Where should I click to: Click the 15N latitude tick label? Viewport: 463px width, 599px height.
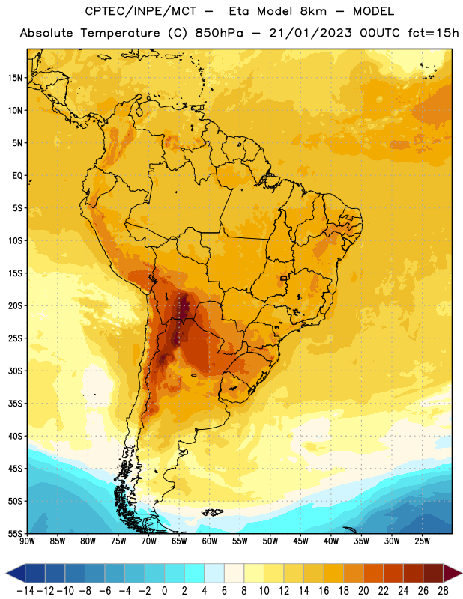pos(15,78)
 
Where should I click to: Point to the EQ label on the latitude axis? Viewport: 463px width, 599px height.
pos(17,176)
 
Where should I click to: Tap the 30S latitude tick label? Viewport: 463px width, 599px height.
pos(15,371)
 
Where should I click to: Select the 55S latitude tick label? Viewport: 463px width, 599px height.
pos(15,534)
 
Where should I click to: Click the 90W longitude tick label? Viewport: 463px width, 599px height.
pos(28,541)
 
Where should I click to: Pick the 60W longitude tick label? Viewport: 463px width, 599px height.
pos(210,541)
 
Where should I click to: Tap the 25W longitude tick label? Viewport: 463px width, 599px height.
pos(422,541)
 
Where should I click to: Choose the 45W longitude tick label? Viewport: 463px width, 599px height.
pos(300,541)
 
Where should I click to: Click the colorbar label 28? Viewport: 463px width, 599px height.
pos(443,591)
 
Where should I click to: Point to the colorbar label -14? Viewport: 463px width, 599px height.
pos(25,591)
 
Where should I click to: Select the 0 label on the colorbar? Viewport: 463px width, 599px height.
pos(164,591)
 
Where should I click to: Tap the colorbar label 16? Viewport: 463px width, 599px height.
pos(324,591)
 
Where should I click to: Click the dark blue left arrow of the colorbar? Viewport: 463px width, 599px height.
pos(16,573)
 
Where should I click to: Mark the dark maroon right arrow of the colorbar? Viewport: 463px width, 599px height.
pos(453,573)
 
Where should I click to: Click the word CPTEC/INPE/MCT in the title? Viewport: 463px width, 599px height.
pos(140,11)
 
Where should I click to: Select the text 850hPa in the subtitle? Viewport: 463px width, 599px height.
pos(219,33)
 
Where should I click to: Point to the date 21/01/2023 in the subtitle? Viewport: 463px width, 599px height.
pos(310,33)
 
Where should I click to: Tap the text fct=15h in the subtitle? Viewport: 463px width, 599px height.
pos(433,33)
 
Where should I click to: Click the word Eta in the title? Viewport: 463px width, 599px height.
pos(239,11)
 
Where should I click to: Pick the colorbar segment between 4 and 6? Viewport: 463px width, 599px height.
pos(214,573)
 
